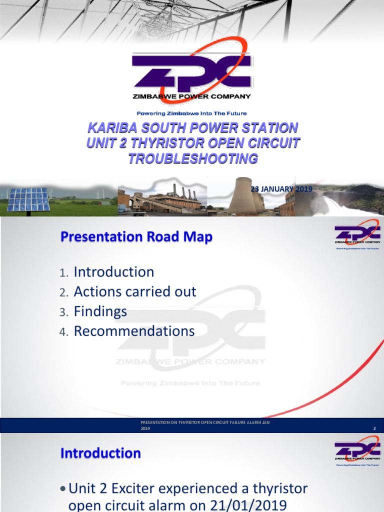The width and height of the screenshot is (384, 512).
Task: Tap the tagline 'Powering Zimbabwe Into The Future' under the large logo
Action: [192, 113]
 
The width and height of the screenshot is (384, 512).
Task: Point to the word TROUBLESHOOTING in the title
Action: [192, 159]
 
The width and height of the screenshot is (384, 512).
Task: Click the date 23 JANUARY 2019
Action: [281, 188]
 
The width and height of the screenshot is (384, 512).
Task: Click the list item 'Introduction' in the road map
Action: [114, 272]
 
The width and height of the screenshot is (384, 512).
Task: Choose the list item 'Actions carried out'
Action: [135, 291]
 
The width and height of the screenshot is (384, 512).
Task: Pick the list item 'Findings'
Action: [100, 311]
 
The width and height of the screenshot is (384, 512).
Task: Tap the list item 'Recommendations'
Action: [134, 331]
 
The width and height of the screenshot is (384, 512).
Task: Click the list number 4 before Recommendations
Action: [63, 332]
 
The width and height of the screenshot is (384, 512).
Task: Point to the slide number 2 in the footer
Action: [374, 429]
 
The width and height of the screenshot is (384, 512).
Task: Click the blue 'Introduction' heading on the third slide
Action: [100, 453]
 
